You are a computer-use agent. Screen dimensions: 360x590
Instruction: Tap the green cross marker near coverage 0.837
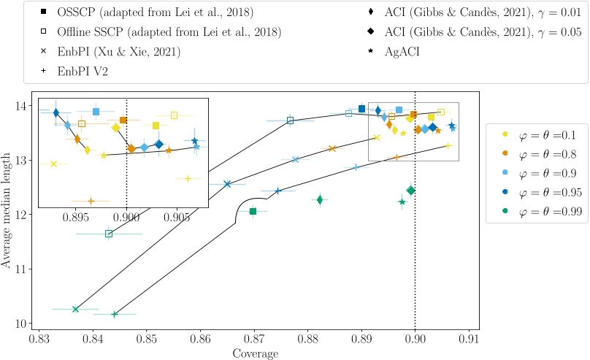click(75, 309)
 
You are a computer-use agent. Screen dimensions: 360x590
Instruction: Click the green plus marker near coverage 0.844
click(115, 314)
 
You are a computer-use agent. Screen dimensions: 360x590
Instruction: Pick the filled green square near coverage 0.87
click(253, 212)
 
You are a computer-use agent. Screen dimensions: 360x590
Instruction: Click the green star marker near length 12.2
click(402, 202)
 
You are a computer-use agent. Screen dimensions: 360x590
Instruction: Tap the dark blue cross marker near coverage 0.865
click(227, 184)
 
